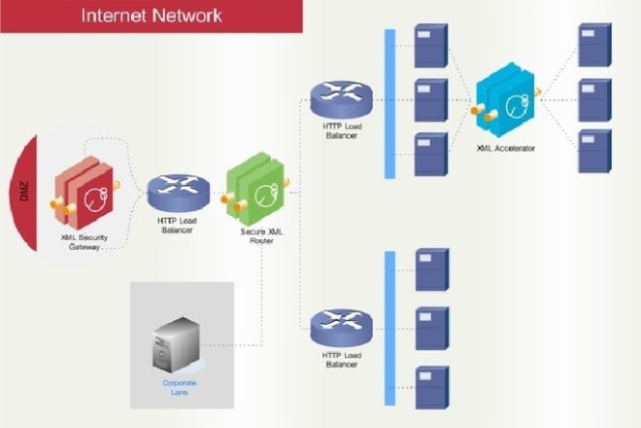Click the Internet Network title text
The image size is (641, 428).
(151, 16)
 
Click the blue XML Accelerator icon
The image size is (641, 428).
(508, 102)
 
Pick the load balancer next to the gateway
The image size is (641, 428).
(179, 195)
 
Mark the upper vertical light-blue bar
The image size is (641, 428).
(390, 104)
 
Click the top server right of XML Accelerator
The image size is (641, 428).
(590, 47)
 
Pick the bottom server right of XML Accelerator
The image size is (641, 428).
(590, 151)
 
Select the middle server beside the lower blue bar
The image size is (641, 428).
(430, 329)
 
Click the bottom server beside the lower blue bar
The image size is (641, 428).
(430, 386)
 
